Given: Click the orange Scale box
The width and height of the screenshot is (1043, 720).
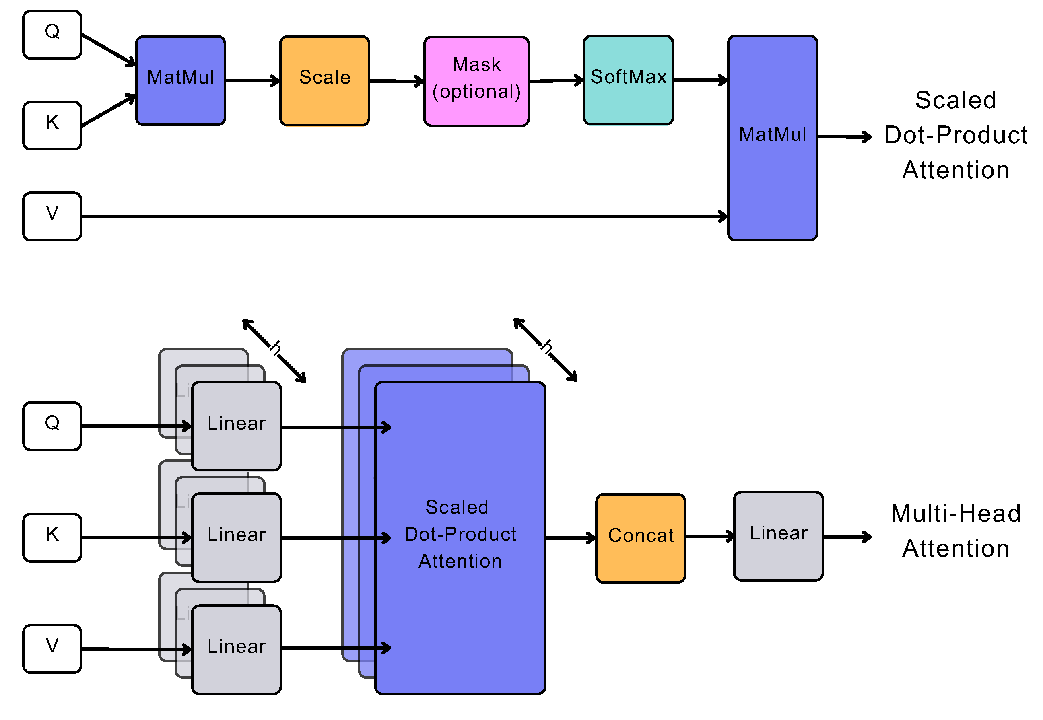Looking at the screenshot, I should pyautogui.click(x=324, y=81).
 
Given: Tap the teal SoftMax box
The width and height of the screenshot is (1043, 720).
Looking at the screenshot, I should pyautogui.click(x=628, y=80).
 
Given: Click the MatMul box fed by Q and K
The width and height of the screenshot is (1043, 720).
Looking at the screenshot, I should pyautogui.click(x=180, y=81).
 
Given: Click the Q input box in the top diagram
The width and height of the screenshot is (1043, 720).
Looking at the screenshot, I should pyautogui.click(x=52, y=35).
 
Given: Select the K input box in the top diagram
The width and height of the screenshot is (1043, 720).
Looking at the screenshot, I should pyautogui.click(x=52, y=125).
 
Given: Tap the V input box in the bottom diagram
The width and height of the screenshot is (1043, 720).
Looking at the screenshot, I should pyautogui.click(x=52, y=648).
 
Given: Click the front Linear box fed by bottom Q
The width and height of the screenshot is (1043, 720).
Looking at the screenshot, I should pyautogui.click(x=236, y=426).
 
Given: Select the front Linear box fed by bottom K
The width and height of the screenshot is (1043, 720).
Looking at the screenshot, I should pyautogui.click(x=236, y=537).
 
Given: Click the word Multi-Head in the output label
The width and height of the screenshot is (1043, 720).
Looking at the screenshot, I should pyautogui.click(x=955, y=513).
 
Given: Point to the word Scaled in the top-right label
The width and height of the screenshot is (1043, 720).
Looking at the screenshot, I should pyautogui.click(x=955, y=100).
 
